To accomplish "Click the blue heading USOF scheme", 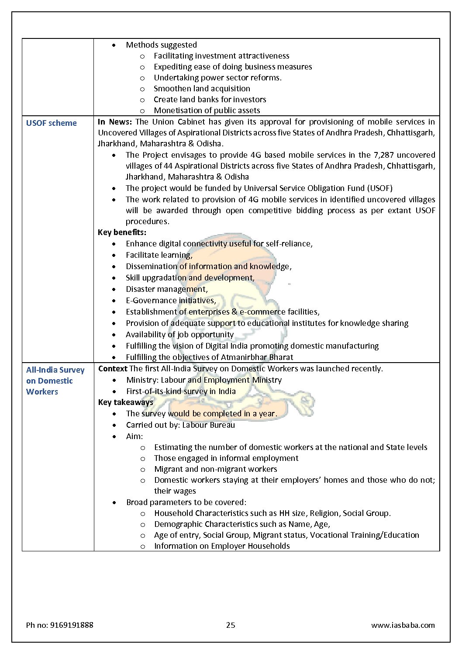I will (x=51, y=123).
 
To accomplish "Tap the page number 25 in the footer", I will (x=231, y=625).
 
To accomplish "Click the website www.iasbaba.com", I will (x=403, y=625).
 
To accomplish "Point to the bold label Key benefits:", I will (x=122, y=232).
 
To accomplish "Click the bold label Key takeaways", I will (x=125, y=402).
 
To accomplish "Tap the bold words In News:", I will (x=114, y=122).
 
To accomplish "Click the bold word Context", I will (x=113, y=369).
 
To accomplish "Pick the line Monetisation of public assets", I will (x=207, y=111).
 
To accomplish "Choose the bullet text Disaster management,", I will (x=167, y=289).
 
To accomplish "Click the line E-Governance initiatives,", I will (x=171, y=301).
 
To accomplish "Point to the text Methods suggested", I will (x=161, y=45).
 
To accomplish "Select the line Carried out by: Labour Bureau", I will (x=180, y=425).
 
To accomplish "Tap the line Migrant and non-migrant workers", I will (x=215, y=469).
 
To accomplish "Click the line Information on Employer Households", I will (x=222, y=546).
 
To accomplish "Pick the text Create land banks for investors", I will (x=210, y=100).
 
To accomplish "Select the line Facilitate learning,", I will (x=159, y=255).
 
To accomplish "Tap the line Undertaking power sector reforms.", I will (x=217, y=78).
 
